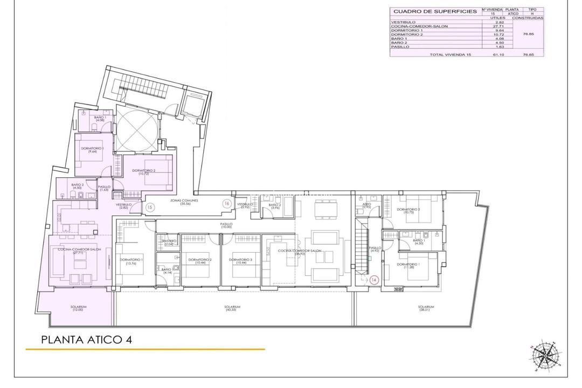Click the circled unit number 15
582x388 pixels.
pyautogui.click(x=150, y=206)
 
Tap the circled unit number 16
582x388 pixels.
pyautogui.click(x=227, y=203)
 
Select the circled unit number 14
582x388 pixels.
pyautogui.click(x=374, y=280)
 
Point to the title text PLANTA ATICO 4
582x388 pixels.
pyautogui.click(x=86, y=340)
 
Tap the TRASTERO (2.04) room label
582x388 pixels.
pyautogui.click(x=168, y=242)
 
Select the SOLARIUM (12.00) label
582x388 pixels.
pyautogui.click(x=78, y=308)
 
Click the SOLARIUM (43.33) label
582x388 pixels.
pyautogui.click(x=233, y=308)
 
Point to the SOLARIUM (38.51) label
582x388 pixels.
pyautogui.click(x=426, y=308)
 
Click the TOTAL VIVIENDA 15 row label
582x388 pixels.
pyautogui.click(x=450, y=54)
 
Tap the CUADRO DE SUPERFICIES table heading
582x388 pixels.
pyautogui.click(x=435, y=11)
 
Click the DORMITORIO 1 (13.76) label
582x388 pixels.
pyautogui.click(x=128, y=261)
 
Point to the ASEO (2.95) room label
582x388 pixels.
pyautogui.click(x=366, y=205)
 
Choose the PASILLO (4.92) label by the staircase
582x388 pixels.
pyautogui.click(x=375, y=250)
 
